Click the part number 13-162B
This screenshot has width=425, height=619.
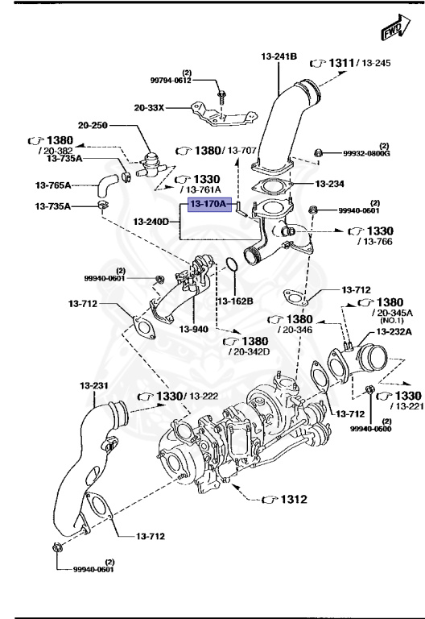(x=234, y=301)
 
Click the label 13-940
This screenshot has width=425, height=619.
(x=194, y=330)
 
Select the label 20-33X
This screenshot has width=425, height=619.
(x=149, y=106)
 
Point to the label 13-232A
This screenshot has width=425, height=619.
(x=394, y=331)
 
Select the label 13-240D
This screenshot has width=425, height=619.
(x=151, y=221)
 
